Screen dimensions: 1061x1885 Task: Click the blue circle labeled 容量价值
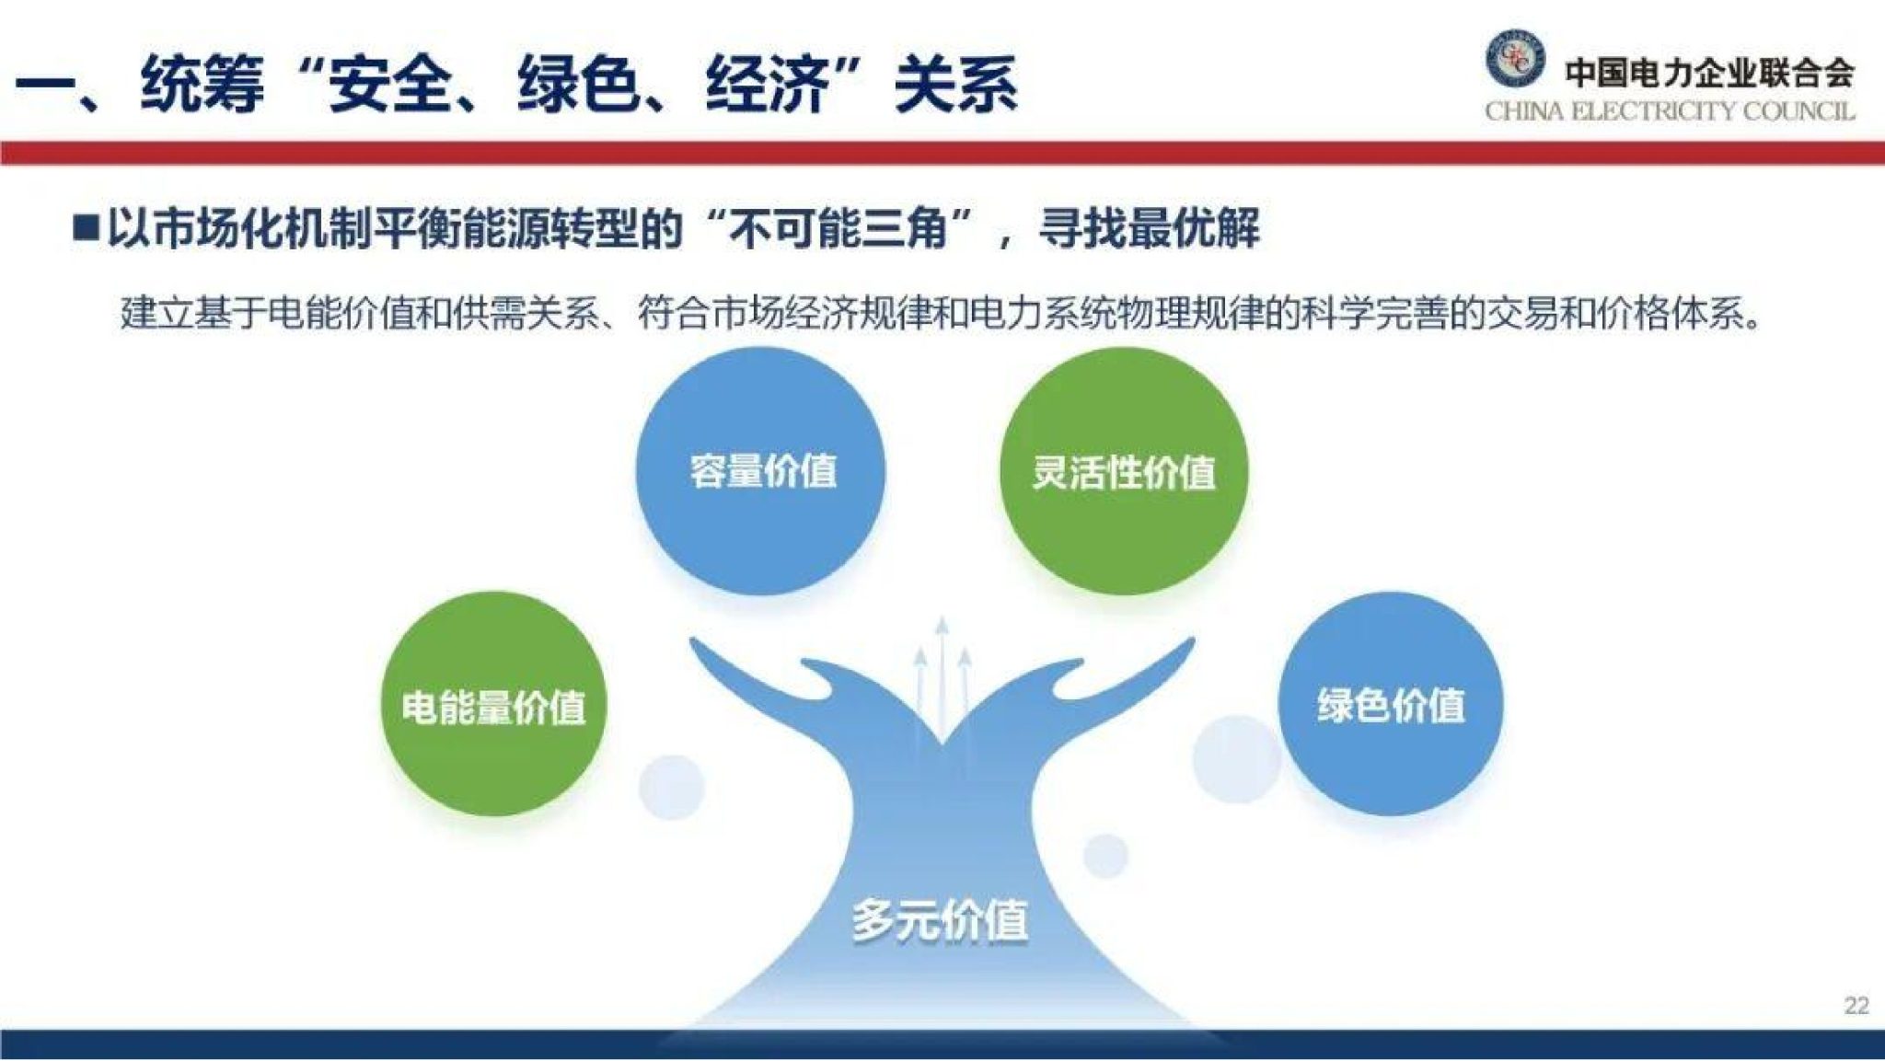[x=760, y=470]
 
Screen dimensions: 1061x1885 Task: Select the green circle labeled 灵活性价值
[x=1123, y=470]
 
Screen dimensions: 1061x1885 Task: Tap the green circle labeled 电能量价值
[x=494, y=705]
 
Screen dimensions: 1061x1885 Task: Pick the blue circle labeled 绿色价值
[x=1390, y=704]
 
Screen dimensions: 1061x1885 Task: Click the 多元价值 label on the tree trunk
[x=939, y=919]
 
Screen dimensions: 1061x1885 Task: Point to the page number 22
[x=1856, y=1005]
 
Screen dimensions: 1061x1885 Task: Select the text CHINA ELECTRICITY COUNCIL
[x=1670, y=111]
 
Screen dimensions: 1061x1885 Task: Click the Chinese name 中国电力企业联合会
[x=1709, y=72]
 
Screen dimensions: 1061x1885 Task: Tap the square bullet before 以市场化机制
[x=86, y=227]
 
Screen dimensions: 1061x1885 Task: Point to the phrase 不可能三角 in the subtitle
[x=838, y=227]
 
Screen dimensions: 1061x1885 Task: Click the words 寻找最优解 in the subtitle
[x=1149, y=227]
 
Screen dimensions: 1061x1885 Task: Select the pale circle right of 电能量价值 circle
[x=671, y=787]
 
